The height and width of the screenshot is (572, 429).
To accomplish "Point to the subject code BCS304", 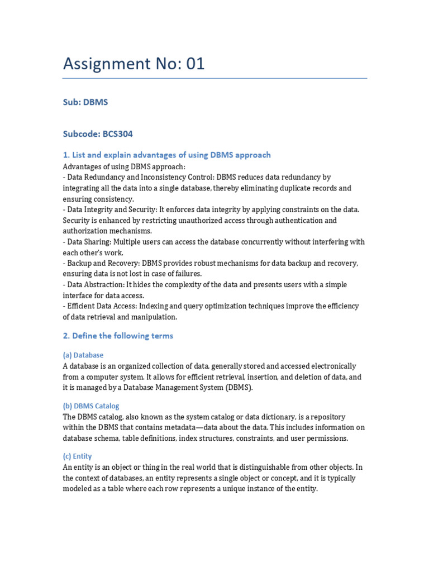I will [x=117, y=134].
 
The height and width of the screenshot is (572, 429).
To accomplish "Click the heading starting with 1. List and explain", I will [x=166, y=155].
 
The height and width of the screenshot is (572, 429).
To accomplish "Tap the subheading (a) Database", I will [x=83, y=355].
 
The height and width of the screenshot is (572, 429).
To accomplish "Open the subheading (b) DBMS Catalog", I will [x=91, y=406].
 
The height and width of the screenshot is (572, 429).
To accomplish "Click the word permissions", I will [x=327, y=438].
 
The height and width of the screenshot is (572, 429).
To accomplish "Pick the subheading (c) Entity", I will [x=78, y=456].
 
